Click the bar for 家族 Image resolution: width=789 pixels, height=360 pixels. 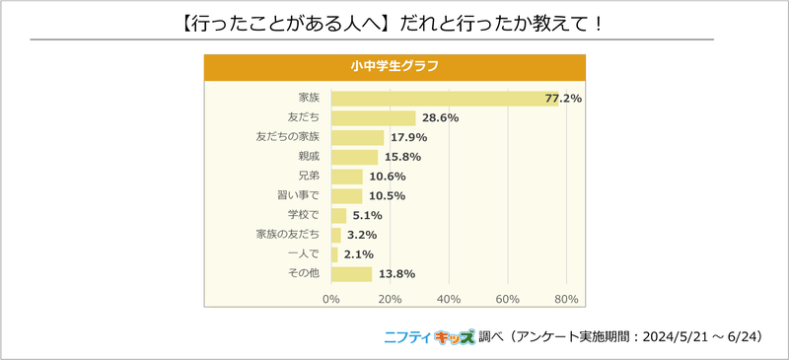pyautogui.click(x=444, y=99)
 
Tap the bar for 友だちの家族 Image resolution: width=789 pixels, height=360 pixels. pyautogui.click(x=357, y=138)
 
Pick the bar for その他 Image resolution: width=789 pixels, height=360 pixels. pyautogui.click(x=351, y=274)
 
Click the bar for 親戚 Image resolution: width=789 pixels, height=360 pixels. pyautogui.click(x=354, y=157)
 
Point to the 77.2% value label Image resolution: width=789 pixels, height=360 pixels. pyautogui.click(x=563, y=99)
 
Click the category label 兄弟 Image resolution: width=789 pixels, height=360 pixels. pyautogui.click(x=310, y=177)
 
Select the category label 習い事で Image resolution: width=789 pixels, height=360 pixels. pyautogui.click(x=300, y=196)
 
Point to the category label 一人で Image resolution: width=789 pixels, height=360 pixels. pyautogui.click(x=304, y=254)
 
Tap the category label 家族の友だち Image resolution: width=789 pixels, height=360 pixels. pyautogui.click(x=288, y=235)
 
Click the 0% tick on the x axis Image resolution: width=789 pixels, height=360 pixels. pyautogui.click(x=331, y=299)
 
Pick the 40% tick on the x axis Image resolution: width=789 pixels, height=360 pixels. pyautogui.click(x=449, y=299)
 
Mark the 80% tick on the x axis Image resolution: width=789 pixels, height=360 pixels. pyautogui.click(x=566, y=299)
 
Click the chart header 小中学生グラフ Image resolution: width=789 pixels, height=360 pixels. pyautogui.click(x=394, y=66)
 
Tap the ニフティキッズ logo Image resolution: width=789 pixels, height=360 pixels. pyautogui.click(x=428, y=336)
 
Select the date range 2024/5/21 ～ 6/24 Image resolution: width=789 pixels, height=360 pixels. pyautogui.click(x=696, y=336)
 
